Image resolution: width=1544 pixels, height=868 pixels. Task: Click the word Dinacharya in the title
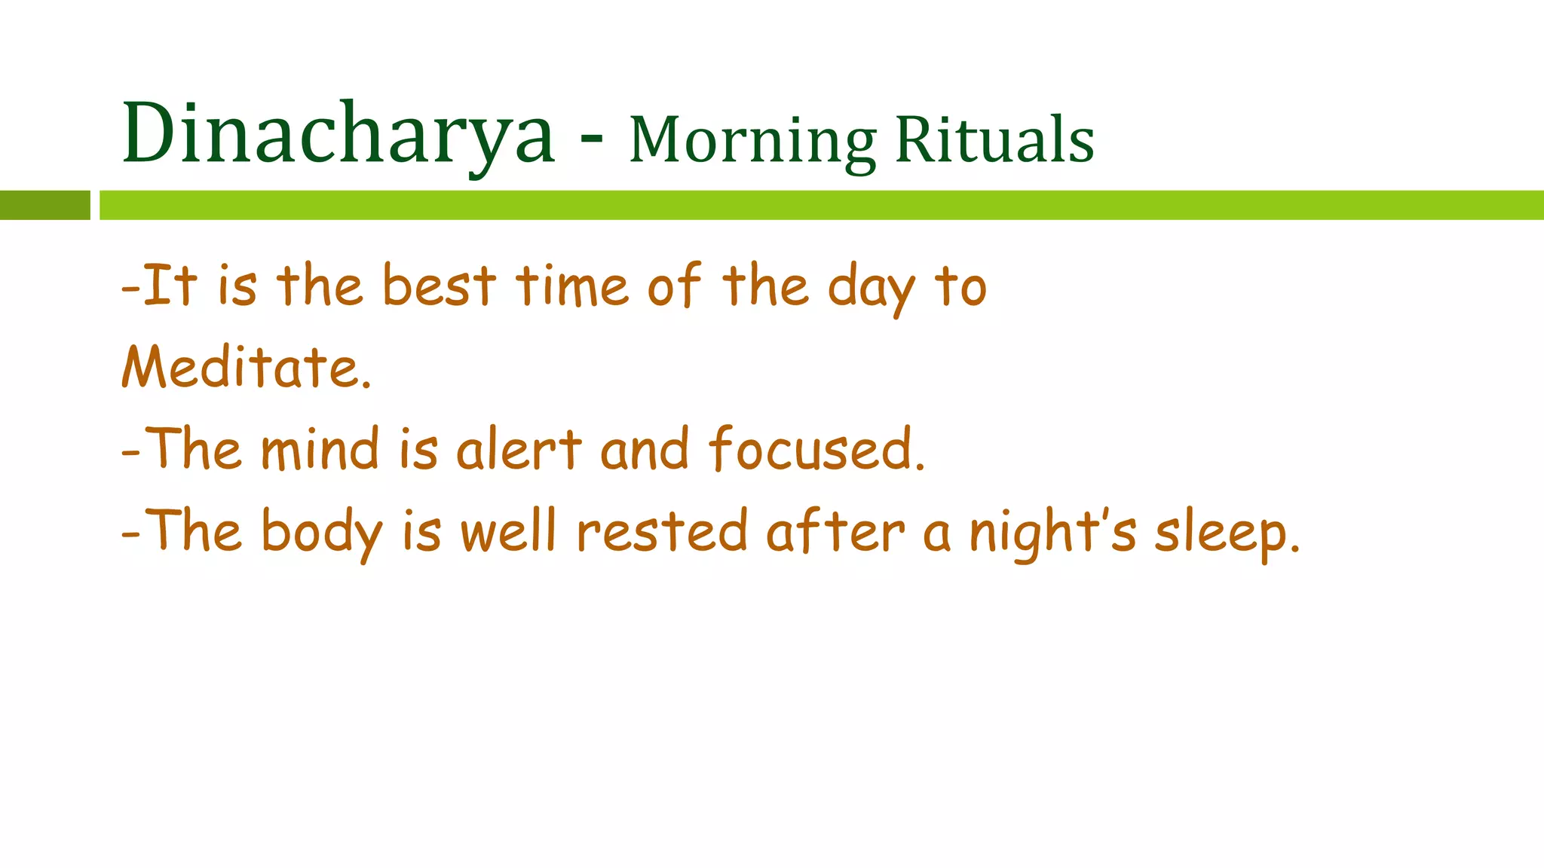338,134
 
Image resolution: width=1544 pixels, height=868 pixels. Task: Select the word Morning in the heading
752,141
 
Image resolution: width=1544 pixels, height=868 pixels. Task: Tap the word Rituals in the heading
994,140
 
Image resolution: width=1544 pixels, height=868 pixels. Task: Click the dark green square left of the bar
44,205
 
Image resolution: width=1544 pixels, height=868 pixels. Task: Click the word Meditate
246,368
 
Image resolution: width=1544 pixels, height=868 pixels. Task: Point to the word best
439,286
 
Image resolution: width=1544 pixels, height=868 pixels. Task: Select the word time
572,286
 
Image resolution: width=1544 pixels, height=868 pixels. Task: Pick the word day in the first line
872,289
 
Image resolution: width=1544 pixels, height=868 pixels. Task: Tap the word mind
320,450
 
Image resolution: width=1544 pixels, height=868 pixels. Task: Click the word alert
519,450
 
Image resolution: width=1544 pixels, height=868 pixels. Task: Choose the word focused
816,450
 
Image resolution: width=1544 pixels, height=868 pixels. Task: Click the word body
322,533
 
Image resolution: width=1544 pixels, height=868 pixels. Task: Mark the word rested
662,531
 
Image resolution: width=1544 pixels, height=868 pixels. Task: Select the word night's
1052,533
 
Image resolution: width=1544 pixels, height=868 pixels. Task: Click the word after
835,531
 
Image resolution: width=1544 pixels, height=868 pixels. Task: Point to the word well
508,531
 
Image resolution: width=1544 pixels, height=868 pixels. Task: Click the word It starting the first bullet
170,286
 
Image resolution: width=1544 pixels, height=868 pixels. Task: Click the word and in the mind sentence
645,450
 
